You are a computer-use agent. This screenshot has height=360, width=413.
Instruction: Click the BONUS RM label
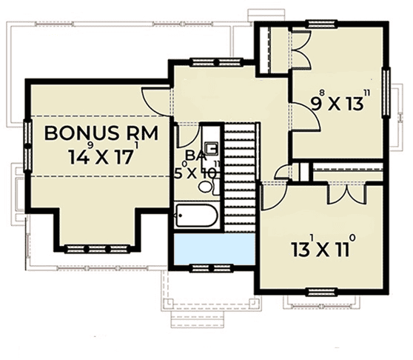[x=101, y=133]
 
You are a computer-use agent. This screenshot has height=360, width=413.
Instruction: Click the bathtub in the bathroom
[x=196, y=216]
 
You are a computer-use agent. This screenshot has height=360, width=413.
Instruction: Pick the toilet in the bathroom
[x=209, y=187]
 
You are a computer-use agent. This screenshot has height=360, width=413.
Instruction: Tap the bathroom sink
[x=212, y=149]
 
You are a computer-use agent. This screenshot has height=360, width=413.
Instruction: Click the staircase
[x=240, y=177]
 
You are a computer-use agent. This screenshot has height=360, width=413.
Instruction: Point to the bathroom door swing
[x=188, y=136]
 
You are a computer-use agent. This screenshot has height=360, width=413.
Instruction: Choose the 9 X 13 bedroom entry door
[x=306, y=116]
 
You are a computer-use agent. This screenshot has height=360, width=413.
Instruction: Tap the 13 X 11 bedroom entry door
[x=274, y=196]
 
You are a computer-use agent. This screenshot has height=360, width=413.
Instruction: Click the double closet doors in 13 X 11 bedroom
[x=346, y=193]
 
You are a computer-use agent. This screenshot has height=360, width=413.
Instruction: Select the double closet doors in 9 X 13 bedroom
[x=300, y=50]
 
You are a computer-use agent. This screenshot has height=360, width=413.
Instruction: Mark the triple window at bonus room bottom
[x=97, y=249]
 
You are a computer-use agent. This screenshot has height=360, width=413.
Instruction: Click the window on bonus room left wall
[x=27, y=146]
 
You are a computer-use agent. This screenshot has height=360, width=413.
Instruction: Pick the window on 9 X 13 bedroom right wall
[x=386, y=92]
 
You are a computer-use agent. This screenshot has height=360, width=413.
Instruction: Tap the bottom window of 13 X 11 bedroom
[x=323, y=291]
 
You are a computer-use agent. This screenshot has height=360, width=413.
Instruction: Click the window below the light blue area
[x=212, y=268]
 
